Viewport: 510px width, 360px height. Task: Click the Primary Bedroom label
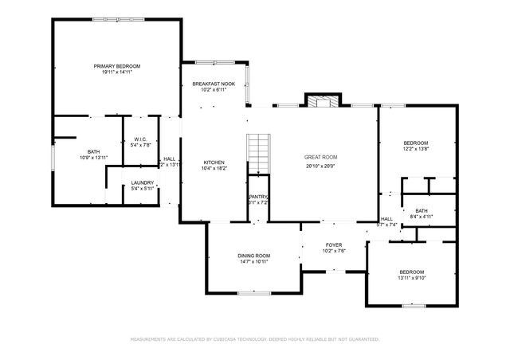point(116,65)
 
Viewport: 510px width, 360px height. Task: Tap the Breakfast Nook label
point(213,84)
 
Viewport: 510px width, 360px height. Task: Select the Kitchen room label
point(214,162)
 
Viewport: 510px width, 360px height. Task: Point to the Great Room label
point(320,158)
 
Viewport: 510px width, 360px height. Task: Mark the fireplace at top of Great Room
point(322,101)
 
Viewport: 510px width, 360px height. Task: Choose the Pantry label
point(257,197)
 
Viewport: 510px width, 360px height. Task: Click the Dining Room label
point(253,256)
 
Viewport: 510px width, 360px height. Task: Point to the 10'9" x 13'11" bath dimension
point(93,158)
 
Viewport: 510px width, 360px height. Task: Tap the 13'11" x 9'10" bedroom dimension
point(412,277)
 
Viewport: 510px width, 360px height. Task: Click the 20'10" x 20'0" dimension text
point(320,166)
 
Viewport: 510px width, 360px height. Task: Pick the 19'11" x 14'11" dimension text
point(116,72)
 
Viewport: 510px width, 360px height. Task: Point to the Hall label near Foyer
point(386,219)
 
